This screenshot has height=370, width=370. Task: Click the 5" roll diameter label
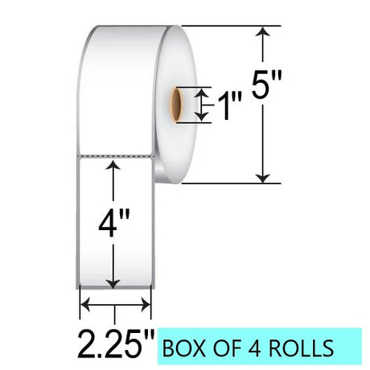(x=267, y=84)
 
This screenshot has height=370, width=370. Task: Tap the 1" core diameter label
(x=229, y=106)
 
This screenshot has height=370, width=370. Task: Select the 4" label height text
(x=114, y=223)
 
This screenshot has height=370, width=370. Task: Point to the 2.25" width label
(x=116, y=344)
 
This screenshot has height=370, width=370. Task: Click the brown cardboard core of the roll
(x=176, y=105)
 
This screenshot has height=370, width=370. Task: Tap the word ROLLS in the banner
(x=301, y=348)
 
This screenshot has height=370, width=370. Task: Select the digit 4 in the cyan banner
(x=253, y=348)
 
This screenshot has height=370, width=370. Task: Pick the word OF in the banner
(x=226, y=348)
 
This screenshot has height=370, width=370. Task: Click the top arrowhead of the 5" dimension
(x=263, y=31)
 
